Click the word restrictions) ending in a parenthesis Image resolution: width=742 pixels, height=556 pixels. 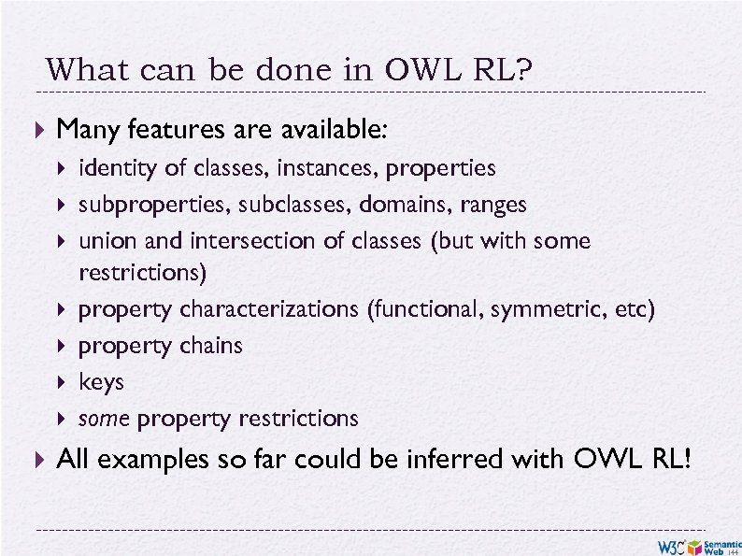tap(144, 274)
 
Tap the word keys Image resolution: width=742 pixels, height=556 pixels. tap(101, 382)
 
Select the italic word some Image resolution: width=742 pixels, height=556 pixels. tap(104, 419)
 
